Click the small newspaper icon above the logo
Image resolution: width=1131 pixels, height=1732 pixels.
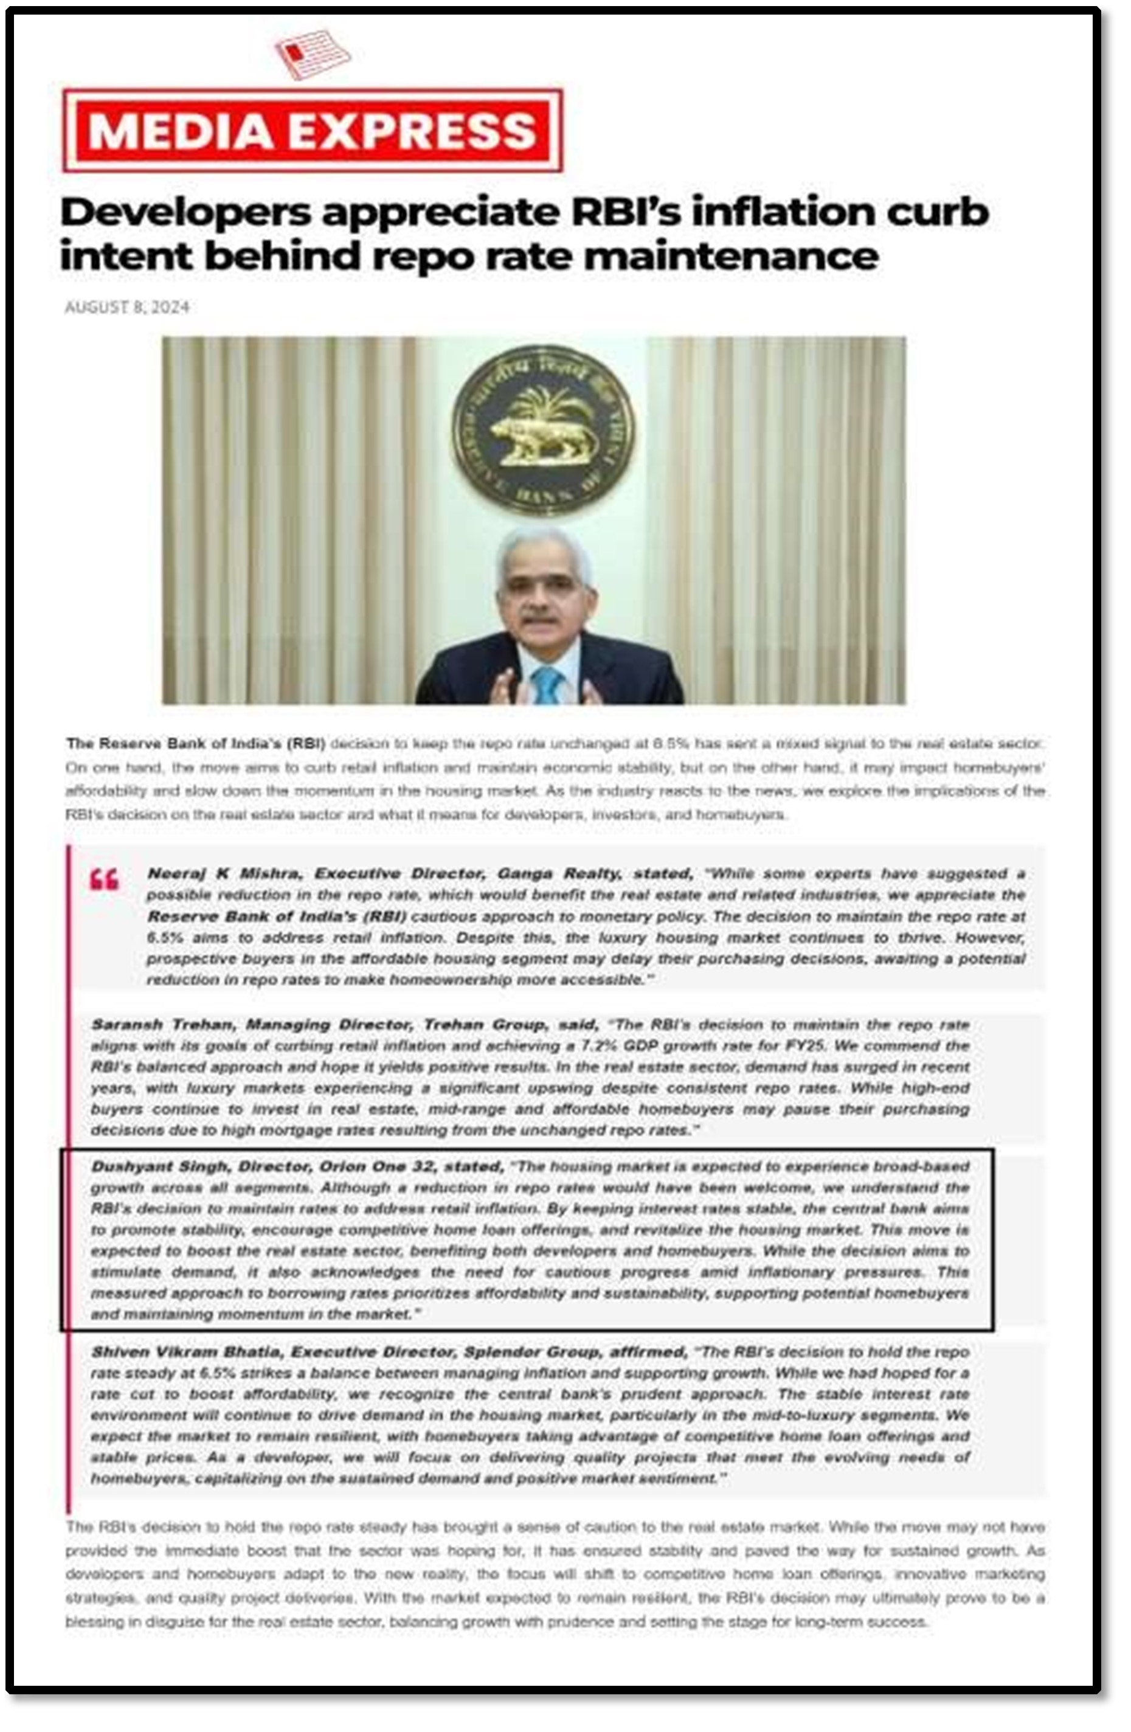pos(312,53)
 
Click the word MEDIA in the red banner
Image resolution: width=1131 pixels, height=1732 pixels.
pos(181,131)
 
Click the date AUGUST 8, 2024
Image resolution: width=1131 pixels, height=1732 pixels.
pos(127,307)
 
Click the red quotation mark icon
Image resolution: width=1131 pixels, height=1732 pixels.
pos(104,880)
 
